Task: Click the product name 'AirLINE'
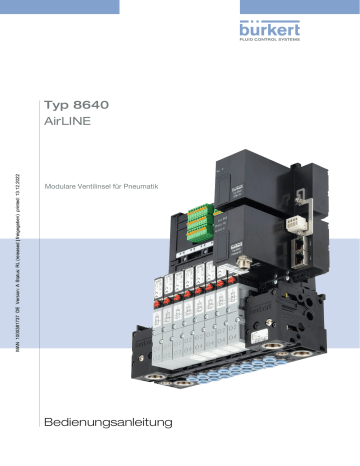(x=71, y=124)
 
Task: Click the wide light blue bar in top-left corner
(x=59, y=7)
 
